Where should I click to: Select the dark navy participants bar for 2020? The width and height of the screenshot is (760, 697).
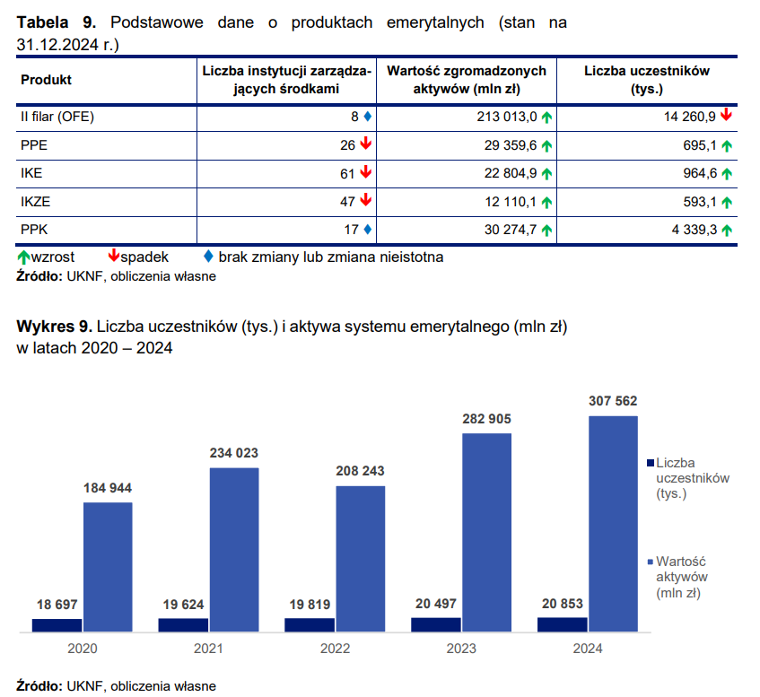57,624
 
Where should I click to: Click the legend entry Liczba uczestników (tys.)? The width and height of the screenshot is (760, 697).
692,478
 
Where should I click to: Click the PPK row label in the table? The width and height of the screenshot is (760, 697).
33,230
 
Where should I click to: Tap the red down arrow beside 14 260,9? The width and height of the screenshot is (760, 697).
726,116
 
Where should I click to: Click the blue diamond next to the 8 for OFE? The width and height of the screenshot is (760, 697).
367,117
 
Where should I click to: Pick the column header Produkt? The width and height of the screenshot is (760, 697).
46,80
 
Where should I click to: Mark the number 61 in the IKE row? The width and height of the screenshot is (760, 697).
348,173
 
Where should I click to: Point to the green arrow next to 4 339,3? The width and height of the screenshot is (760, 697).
726,231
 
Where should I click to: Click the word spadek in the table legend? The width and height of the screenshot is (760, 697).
144,257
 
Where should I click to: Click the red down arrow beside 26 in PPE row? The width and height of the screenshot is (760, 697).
366,144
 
